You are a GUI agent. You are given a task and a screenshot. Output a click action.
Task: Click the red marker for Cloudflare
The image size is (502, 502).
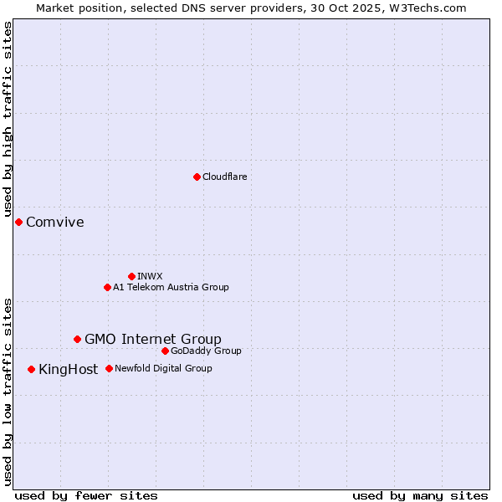pyautogui.click(x=197, y=177)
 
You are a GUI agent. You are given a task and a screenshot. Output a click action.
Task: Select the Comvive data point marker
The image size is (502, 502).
pyautogui.click(x=18, y=222)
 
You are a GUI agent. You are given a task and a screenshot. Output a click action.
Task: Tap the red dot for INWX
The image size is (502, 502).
pyautogui.click(x=131, y=276)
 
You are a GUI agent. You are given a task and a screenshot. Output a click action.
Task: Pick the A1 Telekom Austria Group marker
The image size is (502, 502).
pyautogui.click(x=107, y=287)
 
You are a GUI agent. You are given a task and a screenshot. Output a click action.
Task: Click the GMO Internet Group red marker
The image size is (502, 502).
pyautogui.click(x=77, y=339)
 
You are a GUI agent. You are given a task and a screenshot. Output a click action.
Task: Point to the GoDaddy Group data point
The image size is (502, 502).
pyautogui.click(x=165, y=351)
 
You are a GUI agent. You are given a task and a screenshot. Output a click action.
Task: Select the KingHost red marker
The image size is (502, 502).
pyautogui.click(x=31, y=369)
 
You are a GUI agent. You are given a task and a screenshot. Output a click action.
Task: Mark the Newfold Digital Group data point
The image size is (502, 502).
pyautogui.click(x=109, y=368)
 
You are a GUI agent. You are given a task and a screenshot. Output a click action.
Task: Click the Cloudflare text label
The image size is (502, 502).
pyautogui.click(x=224, y=177)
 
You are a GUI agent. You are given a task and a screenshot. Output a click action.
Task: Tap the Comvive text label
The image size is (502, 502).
pyautogui.click(x=55, y=222)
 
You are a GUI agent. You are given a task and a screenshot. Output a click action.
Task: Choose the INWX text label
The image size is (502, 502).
pyautogui.click(x=150, y=276)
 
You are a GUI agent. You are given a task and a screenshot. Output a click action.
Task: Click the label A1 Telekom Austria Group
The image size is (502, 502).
pyautogui.click(x=171, y=287)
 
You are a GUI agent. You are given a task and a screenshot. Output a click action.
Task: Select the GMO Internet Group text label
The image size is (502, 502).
pyautogui.click(x=153, y=339)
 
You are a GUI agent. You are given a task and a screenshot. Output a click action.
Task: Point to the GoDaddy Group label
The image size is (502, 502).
pyautogui.click(x=206, y=351)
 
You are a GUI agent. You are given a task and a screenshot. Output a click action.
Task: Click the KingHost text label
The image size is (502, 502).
pyautogui.click(x=69, y=369)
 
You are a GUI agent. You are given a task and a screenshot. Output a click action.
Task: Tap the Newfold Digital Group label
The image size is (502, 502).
pyautogui.click(x=163, y=368)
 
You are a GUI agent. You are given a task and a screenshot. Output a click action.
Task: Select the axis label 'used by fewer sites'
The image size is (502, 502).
pyautogui.click(x=86, y=495)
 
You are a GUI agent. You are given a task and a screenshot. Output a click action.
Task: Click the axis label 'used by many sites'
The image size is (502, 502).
pyautogui.click(x=420, y=495)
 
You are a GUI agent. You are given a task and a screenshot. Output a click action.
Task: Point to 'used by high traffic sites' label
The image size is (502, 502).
pyautogui.click(x=8, y=120)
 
